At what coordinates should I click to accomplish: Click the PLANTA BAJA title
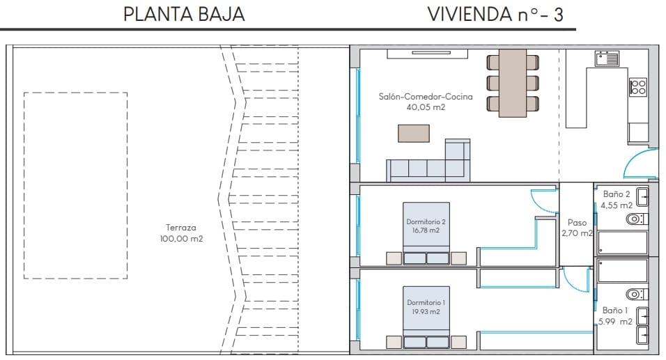[x=184, y=15]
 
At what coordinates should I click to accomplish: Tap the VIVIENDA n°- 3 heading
[x=495, y=15]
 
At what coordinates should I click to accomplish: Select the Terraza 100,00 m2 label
[x=181, y=233]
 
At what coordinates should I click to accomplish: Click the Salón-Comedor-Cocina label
[x=426, y=102]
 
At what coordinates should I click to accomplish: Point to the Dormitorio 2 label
[x=426, y=226]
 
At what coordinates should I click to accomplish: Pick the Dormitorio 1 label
[x=426, y=307]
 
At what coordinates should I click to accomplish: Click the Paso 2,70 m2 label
[x=577, y=228]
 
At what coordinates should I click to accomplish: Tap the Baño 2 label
[x=617, y=200]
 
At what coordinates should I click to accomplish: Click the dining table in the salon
[x=513, y=83]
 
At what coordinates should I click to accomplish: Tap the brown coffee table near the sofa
[x=413, y=132]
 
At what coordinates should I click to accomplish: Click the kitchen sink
[x=607, y=58]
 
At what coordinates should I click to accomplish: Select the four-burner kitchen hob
[x=637, y=87]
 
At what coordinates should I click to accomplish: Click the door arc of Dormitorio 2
[x=541, y=201]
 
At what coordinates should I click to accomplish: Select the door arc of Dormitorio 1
[x=575, y=281]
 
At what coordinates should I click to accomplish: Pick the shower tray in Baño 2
[x=621, y=243]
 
